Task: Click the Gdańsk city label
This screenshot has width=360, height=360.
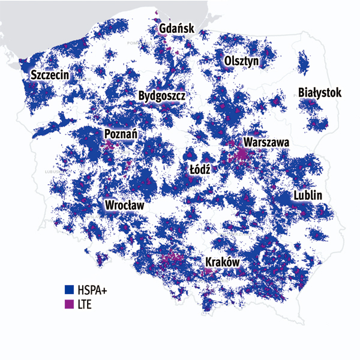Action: (176, 29)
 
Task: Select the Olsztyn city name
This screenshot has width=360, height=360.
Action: (241, 61)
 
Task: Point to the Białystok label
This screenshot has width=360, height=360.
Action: (320, 93)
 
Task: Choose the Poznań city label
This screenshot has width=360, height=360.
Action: (121, 133)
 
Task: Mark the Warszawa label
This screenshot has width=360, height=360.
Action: (266, 143)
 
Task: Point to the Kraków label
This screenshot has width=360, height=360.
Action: (223, 262)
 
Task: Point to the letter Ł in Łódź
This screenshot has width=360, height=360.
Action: (192, 169)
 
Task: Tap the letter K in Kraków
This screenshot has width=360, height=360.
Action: (209, 262)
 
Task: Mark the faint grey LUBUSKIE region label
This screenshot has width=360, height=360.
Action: (53, 172)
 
